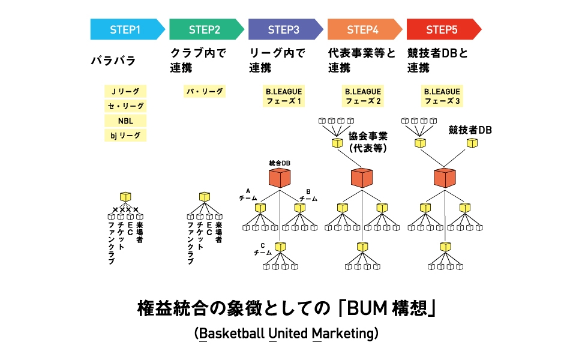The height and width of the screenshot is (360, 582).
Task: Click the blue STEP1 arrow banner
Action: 126,29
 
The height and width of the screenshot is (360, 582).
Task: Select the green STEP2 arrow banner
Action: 205,29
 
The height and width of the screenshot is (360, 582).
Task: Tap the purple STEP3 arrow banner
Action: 284,29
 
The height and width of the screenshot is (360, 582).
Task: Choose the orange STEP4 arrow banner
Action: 364,29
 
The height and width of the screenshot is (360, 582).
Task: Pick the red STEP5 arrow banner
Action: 443,29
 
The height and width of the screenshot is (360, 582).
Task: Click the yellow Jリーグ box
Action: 125,92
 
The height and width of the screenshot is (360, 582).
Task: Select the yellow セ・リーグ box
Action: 125,106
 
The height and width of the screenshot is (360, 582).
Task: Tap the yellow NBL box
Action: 125,121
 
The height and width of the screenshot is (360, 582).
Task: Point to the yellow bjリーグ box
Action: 125,136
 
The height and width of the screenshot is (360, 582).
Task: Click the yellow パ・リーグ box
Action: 204,92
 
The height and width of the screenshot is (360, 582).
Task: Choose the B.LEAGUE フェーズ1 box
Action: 284,96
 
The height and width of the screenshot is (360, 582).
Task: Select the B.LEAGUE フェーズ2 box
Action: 363,96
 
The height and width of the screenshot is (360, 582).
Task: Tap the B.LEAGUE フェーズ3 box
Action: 442,96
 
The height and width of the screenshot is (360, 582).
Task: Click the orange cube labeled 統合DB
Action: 279,178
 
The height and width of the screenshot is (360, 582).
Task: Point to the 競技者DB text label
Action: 470,130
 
